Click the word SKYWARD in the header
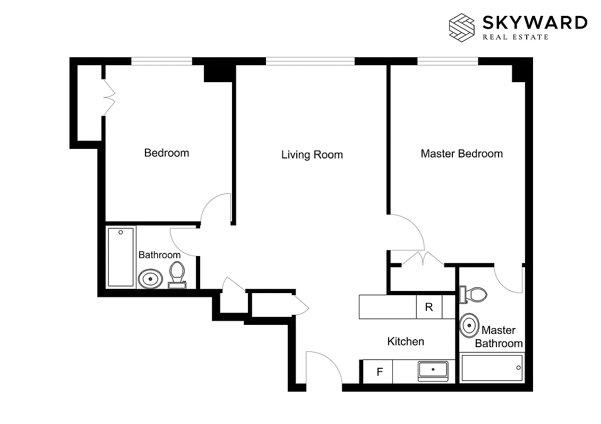click(534, 22)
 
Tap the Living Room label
click(312, 155)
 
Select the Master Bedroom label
click(461, 154)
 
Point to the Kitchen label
click(406, 341)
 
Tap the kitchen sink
click(433, 370)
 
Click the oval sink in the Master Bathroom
click(468, 325)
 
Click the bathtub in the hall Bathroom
click(121, 257)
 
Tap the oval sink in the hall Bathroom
click(150, 278)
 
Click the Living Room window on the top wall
click(310, 61)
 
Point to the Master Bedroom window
click(448, 61)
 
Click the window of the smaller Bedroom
click(161, 61)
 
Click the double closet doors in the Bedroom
click(108, 98)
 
